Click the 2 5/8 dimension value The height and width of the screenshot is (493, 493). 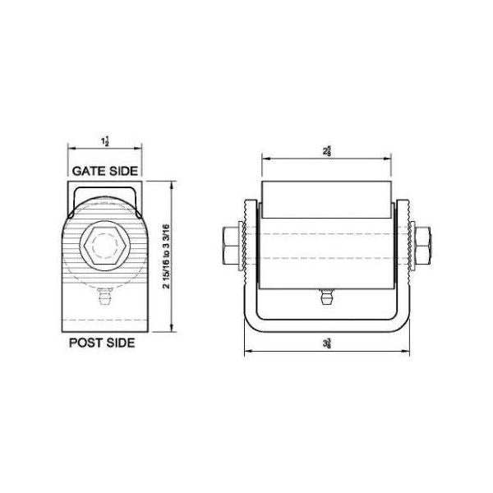click(x=326, y=150)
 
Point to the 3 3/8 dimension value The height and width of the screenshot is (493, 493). click(x=326, y=344)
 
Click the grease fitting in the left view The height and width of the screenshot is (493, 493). click(x=104, y=297)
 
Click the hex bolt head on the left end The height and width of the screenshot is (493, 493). click(x=229, y=244)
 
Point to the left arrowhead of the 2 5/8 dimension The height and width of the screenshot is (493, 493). click(x=265, y=157)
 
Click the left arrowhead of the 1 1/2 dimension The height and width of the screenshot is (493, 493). click(x=70, y=149)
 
